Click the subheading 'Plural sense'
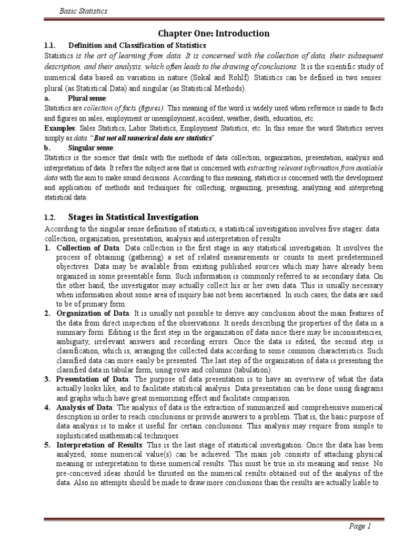[87, 98]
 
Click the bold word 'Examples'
[59, 128]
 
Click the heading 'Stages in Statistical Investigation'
[134, 217]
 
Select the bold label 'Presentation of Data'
[92, 380]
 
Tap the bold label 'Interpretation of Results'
[98, 445]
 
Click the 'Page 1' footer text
[360, 526]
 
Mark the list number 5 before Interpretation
[47, 445]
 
